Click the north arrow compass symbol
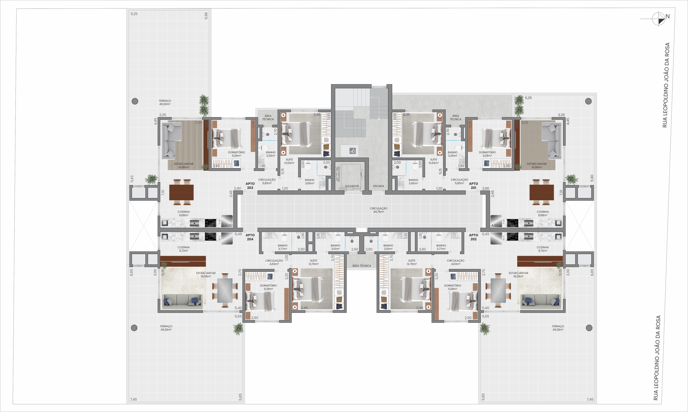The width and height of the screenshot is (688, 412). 658,19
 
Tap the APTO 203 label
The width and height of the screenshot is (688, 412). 250,186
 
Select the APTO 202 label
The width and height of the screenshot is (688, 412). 473,237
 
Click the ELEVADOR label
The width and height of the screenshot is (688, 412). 352,186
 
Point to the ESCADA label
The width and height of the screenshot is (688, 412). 378,186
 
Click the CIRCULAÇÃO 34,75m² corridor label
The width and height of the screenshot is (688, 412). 378,210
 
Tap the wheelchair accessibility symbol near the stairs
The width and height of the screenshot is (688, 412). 353,151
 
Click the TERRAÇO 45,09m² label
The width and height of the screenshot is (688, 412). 165,102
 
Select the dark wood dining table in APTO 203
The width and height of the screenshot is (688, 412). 181,192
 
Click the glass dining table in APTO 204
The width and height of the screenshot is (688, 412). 225,290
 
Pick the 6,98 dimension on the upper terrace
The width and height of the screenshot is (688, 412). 206,16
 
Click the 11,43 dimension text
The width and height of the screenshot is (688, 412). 132,179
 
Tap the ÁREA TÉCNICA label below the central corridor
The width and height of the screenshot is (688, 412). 361,266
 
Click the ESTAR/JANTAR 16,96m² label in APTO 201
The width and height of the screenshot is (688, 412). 536,165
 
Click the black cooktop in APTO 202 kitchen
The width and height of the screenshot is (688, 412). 512,237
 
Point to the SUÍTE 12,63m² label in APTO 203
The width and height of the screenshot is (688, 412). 289,161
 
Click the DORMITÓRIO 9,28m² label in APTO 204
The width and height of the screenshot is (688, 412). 268,287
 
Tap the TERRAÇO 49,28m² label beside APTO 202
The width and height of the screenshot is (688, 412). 558,328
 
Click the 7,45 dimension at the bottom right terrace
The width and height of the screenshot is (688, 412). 590,399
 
